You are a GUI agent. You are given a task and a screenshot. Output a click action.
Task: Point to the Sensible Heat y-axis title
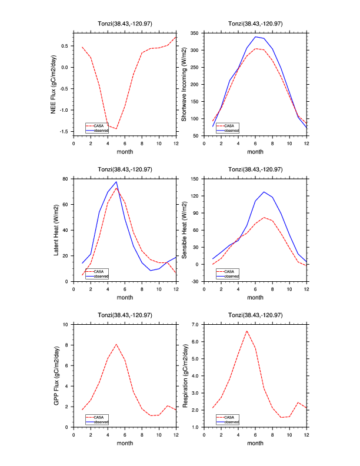(x=184, y=229)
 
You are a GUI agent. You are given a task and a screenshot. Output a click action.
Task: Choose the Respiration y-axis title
(x=184, y=375)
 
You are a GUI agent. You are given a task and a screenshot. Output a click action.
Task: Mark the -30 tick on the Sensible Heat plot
(x=194, y=281)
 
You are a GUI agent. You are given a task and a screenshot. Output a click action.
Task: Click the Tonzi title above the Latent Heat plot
(x=124, y=169)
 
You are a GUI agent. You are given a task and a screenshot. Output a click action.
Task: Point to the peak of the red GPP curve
(x=116, y=344)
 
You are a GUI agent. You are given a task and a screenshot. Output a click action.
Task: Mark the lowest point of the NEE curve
(x=116, y=128)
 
